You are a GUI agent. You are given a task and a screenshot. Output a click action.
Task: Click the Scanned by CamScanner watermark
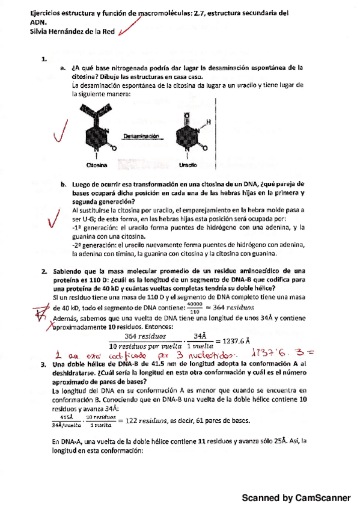point(296,499)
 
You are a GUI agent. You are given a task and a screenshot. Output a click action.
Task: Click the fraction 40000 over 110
point(194,308)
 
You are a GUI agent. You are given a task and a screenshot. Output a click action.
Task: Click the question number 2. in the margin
point(44,271)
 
